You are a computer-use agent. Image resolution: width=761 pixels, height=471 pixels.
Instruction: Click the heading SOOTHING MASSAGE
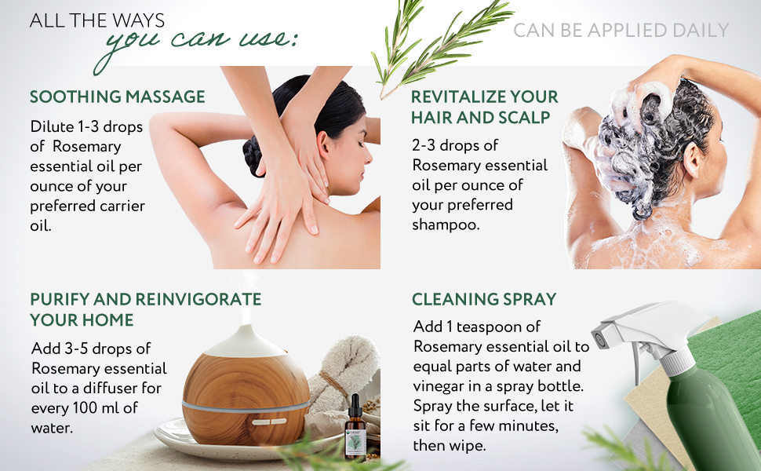(118, 97)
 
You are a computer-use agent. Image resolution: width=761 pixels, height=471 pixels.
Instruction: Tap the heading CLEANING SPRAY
(484, 299)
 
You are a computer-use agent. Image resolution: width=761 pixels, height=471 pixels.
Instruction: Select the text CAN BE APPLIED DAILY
(621, 31)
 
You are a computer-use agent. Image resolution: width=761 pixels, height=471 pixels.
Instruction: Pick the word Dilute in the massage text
(52, 126)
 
